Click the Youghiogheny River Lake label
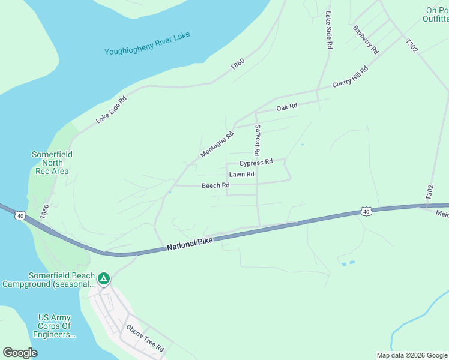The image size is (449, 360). pos(147,44)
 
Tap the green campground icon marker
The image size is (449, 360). pos(104,278)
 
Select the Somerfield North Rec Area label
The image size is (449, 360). pos(52,163)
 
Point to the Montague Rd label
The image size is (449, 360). pos(217,145)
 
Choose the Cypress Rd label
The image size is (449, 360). pos(256,162)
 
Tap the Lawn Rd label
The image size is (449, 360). pos(242,174)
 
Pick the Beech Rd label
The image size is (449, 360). pos(215,185)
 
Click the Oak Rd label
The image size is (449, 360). pos(287,107)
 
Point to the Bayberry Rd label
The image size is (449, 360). pos(366,39)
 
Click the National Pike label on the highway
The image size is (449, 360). pos(191,243)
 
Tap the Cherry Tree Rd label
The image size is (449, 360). pos(144,338)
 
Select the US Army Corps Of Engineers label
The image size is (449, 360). pos(54,326)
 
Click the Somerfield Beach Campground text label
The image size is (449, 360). pos(49,280)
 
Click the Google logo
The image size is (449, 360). pos(20,353)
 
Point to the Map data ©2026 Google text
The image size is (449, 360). pos(412,355)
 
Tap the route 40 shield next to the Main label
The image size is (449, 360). pos(366,211)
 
